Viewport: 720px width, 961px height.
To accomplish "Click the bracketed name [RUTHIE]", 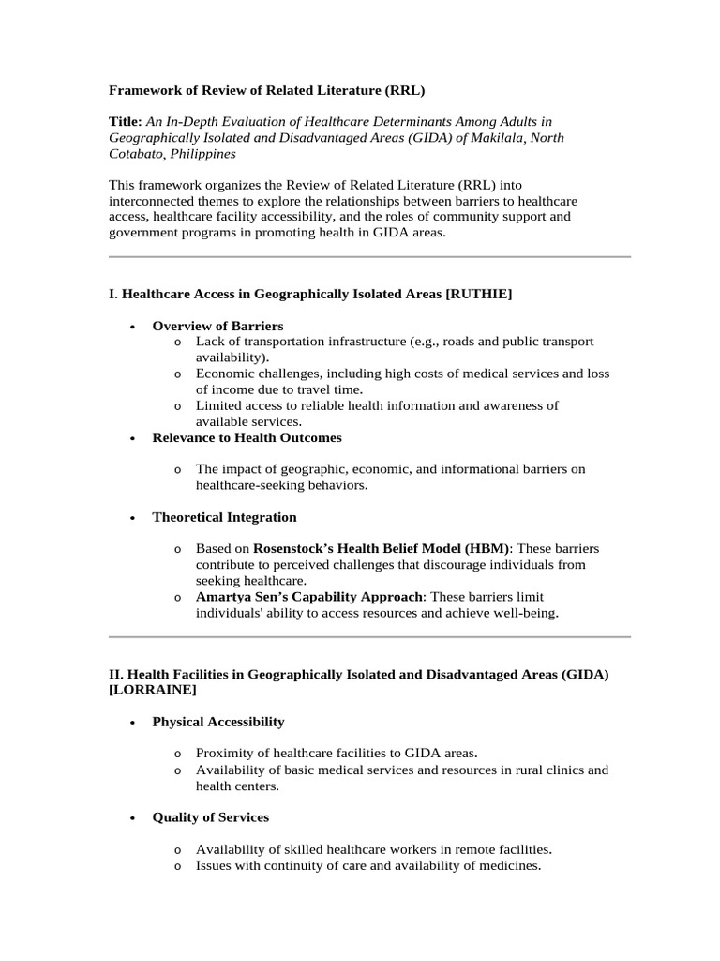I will coord(479,295).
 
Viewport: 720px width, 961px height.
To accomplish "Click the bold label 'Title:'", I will coord(126,121).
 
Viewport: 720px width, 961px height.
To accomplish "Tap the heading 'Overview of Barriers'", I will coord(217,326).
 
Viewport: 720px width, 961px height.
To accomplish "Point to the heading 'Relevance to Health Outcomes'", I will coord(247,437).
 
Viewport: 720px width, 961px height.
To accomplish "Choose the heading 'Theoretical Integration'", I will coord(224,517).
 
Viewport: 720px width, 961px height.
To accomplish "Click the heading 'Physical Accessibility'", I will coord(218,722).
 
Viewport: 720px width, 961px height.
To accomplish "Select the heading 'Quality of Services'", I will coord(210,816).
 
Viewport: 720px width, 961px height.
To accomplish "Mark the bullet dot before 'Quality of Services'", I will coord(131,817).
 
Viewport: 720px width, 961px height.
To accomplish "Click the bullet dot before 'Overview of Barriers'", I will coord(131,327).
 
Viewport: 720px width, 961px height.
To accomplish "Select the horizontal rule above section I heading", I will coord(369,256).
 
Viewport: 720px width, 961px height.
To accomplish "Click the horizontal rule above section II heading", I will coord(369,637).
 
